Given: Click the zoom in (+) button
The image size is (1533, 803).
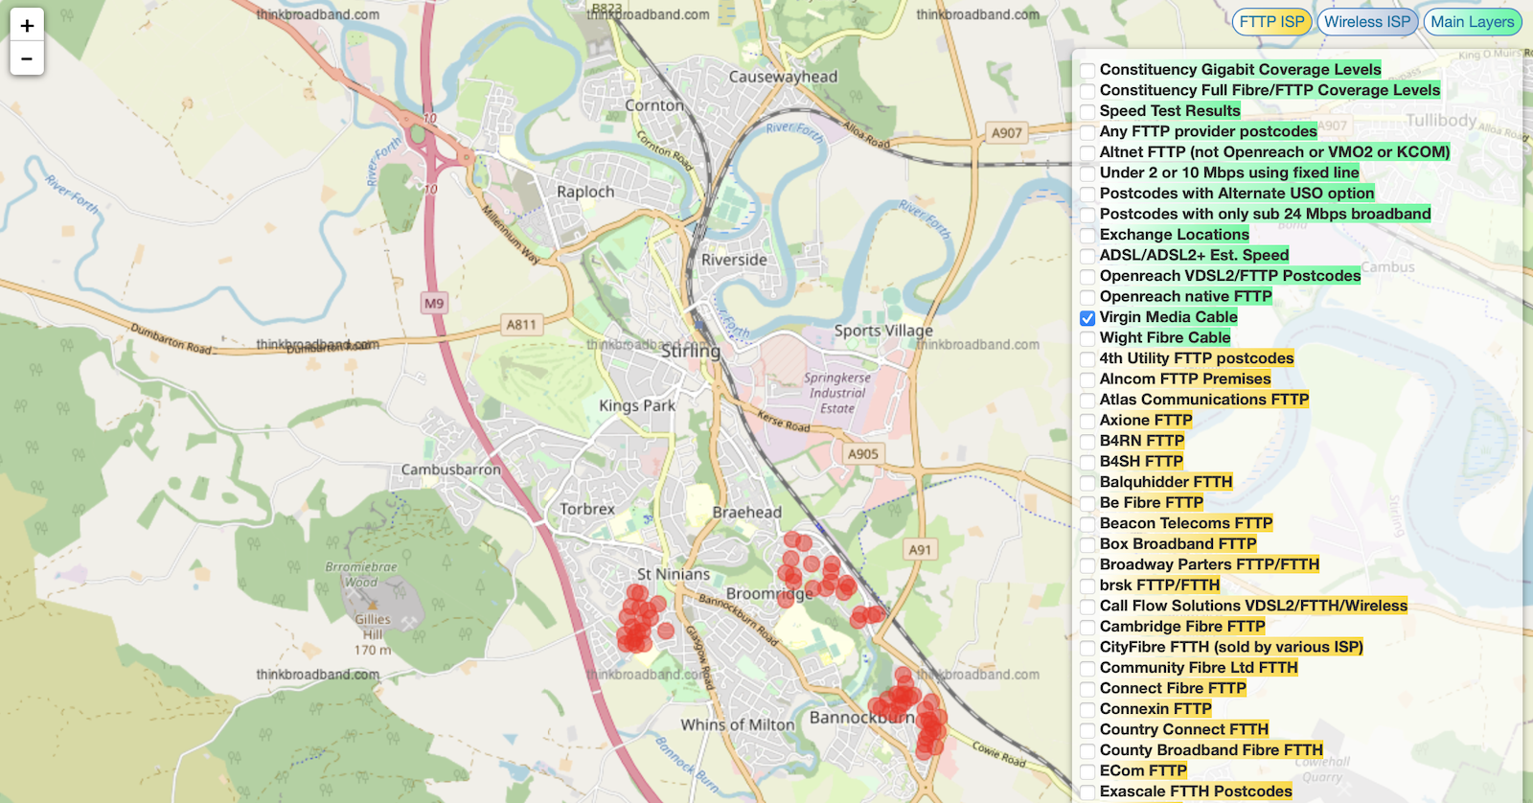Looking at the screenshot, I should [27, 26].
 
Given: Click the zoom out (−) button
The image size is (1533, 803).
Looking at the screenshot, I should [27, 58].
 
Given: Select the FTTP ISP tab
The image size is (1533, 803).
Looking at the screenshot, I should [1271, 22].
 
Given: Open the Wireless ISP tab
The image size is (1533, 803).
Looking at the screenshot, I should [1367, 22].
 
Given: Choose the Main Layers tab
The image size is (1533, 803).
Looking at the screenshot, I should [1472, 22].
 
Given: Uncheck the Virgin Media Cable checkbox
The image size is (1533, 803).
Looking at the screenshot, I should [1087, 318].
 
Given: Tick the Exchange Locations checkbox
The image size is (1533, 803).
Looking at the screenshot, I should [1087, 236].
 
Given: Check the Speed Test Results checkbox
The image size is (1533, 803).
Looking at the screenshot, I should [1087, 112].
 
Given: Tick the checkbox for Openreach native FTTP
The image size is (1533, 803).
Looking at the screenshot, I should [1087, 298].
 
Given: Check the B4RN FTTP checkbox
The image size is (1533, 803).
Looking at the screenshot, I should [1087, 442].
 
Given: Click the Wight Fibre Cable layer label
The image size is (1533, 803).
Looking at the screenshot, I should [1164, 337].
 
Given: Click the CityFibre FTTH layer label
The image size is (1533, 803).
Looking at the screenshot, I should [1230, 647].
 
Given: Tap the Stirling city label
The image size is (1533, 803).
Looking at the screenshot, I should [691, 352].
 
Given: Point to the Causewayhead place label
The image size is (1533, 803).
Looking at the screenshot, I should [783, 77].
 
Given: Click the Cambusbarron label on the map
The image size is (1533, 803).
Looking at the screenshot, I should [450, 470].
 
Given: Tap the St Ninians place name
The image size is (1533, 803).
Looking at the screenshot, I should [674, 574].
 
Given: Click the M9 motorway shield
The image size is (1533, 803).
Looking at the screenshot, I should [434, 303].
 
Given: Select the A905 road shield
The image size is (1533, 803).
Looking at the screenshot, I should [862, 454].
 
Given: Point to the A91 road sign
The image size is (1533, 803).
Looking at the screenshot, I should [920, 550].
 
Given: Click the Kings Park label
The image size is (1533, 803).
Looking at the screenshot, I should [637, 405].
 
